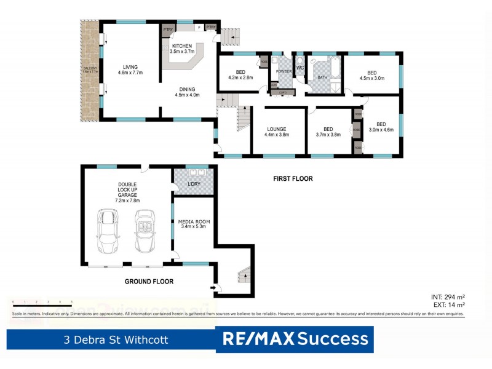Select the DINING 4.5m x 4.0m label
coord(188,91)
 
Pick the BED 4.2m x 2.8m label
coord(240,74)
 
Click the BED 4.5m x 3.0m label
coord(371,74)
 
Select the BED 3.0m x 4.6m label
coord(381,126)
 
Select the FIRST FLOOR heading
coord(293,179)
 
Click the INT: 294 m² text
coord(448,297)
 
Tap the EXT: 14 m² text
coord(448,304)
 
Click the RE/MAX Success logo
coord(295,339)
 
